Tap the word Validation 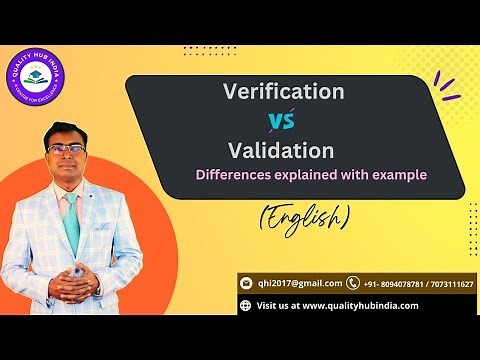click(280, 151)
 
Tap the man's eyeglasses click(65, 148)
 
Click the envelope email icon click(246, 283)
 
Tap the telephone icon click(353, 283)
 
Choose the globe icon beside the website click(246, 305)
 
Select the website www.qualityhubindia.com click(360, 305)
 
